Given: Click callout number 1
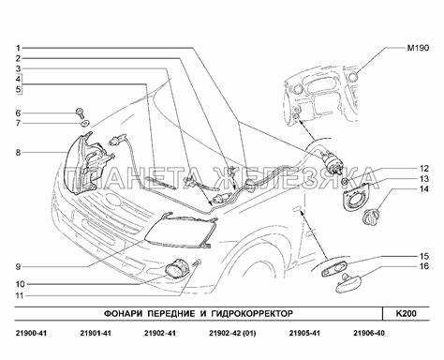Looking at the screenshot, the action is [x=19, y=48].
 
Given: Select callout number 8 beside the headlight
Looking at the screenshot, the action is [x=19, y=153].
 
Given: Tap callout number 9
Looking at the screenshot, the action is [x=19, y=267].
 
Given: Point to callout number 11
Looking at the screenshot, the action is [x=20, y=295].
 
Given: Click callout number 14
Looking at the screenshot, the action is [x=424, y=189].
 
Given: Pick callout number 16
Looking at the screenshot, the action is [x=424, y=266].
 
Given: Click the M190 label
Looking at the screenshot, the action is [x=418, y=48].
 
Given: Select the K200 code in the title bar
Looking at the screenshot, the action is [x=407, y=313].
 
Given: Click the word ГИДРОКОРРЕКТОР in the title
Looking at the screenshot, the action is [x=252, y=313].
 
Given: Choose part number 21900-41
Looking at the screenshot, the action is [x=31, y=334].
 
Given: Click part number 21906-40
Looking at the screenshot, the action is [x=369, y=334].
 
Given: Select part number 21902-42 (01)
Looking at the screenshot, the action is [x=232, y=334].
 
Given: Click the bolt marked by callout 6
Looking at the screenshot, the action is [x=79, y=112].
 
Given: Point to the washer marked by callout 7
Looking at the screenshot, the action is [x=84, y=124].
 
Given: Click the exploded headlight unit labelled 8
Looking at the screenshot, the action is [x=88, y=164].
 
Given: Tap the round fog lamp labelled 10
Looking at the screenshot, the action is [x=176, y=270].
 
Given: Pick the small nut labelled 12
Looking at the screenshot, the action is [x=345, y=182].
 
